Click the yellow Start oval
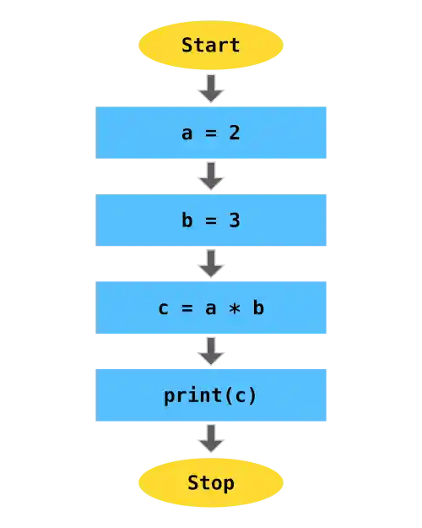click(x=210, y=45)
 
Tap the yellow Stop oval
click(x=210, y=482)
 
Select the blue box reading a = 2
click(x=211, y=132)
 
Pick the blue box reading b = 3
click(x=211, y=220)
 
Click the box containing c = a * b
click(x=211, y=308)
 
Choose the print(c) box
click(x=211, y=395)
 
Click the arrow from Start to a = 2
click(x=210, y=87)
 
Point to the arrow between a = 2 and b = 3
click(x=210, y=176)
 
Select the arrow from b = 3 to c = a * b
click(x=210, y=263)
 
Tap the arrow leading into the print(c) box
click(x=210, y=351)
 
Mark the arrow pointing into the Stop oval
click(x=210, y=438)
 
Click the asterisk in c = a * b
click(x=235, y=308)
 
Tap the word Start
click(x=210, y=45)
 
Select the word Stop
click(x=210, y=482)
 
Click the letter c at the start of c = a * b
click(x=164, y=308)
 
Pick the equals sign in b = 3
click(x=211, y=220)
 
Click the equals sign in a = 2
click(x=211, y=132)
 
